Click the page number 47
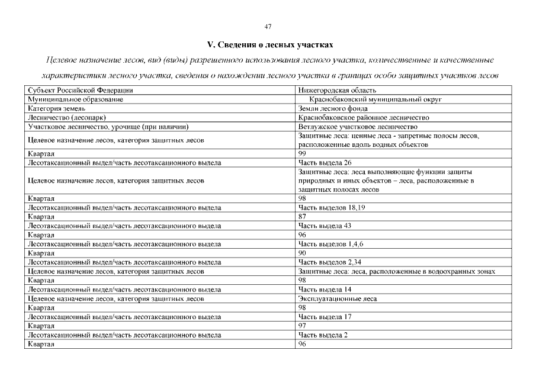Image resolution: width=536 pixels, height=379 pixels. [268, 26]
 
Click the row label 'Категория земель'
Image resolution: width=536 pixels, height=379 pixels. [57, 108]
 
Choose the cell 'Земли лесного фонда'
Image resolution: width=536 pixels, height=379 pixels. [333, 108]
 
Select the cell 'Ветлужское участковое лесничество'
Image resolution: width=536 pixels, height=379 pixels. [358, 127]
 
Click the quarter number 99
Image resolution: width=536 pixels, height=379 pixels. [303, 153]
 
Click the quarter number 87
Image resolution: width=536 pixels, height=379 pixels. [303, 216]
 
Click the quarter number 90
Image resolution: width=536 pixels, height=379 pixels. [303, 253]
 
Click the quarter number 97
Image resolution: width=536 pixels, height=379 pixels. [303, 326]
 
